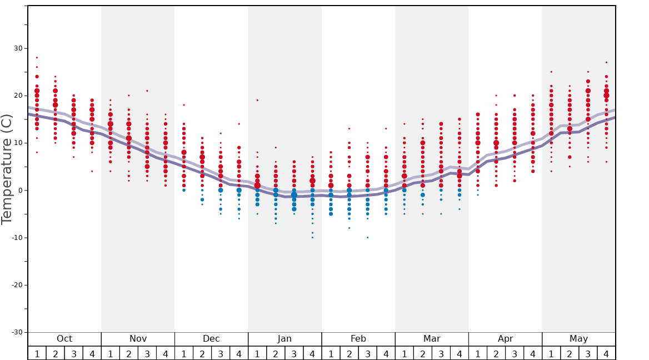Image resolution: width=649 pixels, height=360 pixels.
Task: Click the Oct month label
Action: click(x=64, y=339)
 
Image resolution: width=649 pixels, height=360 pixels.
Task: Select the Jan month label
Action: click(x=284, y=339)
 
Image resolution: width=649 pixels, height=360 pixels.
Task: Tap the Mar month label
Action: click(x=432, y=339)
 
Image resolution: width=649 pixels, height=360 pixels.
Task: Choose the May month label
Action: click(x=578, y=339)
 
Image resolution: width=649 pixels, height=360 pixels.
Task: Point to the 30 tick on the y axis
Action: click(x=18, y=48)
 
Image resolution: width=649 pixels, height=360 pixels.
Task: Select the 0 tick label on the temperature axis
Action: click(x=20, y=191)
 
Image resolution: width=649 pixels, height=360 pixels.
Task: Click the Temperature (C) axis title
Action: click(x=7, y=169)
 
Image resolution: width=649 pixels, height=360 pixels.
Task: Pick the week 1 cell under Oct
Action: click(x=37, y=353)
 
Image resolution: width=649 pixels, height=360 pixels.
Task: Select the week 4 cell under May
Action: click(x=606, y=353)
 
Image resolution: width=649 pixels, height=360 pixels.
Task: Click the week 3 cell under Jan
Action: click(x=294, y=353)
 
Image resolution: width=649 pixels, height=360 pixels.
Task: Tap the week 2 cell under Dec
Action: click(x=202, y=353)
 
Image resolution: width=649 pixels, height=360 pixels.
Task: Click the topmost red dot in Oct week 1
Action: click(x=37, y=57)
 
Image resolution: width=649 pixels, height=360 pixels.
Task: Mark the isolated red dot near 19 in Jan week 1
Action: click(x=257, y=100)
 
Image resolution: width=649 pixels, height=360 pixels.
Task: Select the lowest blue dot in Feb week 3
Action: click(x=367, y=238)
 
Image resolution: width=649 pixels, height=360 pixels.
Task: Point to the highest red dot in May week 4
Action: click(x=606, y=62)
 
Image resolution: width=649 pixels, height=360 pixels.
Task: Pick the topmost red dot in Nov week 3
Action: click(x=147, y=91)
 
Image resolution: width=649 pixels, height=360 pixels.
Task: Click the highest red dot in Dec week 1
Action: click(x=184, y=105)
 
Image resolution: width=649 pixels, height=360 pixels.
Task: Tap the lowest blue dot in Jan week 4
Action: click(x=312, y=238)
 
